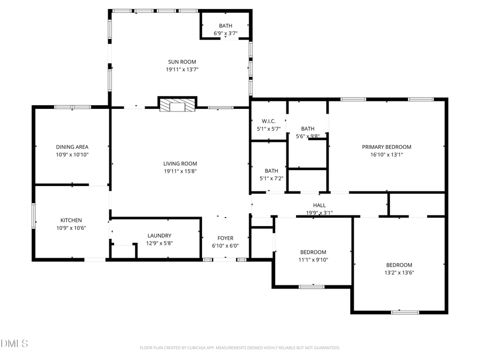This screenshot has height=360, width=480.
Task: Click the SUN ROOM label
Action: tap(182, 62)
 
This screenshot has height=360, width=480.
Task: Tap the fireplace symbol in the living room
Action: tap(178, 106)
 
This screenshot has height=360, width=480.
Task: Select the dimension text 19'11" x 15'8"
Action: tap(180, 171)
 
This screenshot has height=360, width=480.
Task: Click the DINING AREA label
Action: tap(72, 147)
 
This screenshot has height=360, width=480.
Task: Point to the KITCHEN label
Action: tap(71, 220)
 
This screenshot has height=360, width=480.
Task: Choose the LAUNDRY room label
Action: tap(159, 235)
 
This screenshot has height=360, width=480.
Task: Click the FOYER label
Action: tap(225, 238)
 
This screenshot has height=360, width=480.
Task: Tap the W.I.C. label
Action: tap(268, 121)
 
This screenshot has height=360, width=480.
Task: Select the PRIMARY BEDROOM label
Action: tap(386, 147)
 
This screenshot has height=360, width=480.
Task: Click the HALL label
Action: tap(319, 205)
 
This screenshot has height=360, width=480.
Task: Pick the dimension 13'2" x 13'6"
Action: tap(399, 273)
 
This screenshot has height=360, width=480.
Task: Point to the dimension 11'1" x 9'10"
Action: tap(313, 260)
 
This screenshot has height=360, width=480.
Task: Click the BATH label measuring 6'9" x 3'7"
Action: tap(225, 26)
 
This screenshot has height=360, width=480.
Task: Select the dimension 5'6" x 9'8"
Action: tap(307, 136)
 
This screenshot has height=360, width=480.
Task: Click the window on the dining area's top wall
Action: tap(73, 107)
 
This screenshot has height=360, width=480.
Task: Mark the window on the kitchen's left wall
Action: tap(34, 216)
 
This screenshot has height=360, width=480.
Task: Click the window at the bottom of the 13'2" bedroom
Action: tap(405, 312)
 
